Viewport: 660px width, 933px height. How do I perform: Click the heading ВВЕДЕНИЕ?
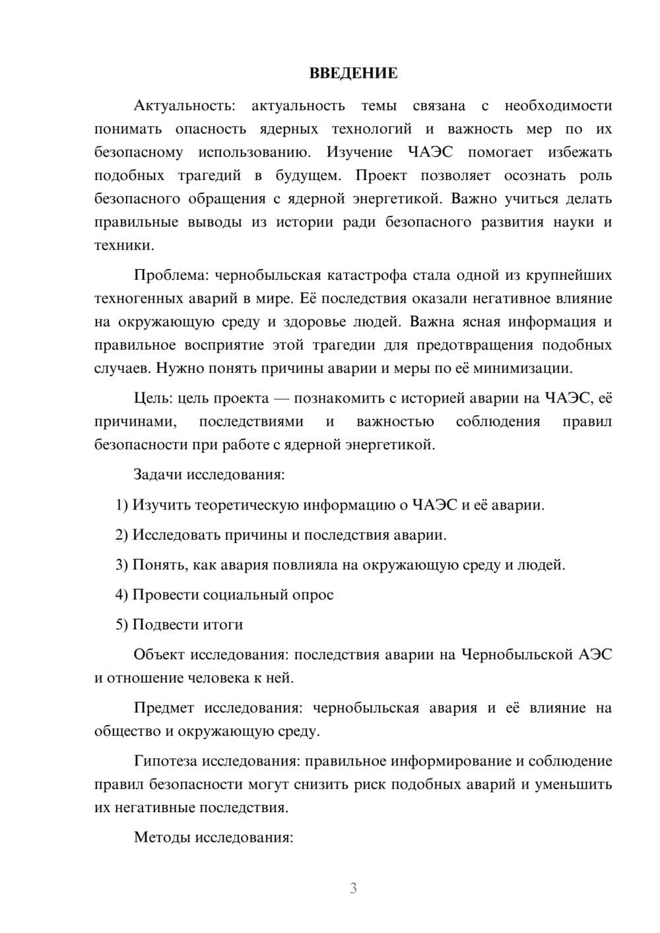tap(353, 73)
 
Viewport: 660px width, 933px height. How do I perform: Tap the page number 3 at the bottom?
tap(353, 888)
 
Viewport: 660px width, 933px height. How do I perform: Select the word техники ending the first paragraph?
tap(123, 245)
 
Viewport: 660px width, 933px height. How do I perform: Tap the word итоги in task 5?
tap(221, 624)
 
